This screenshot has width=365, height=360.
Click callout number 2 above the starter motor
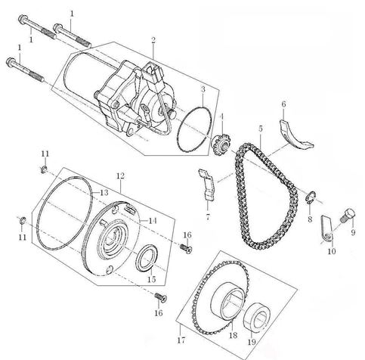[x=153, y=40]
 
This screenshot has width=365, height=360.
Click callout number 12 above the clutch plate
[x=119, y=175]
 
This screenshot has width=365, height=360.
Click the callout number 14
[x=153, y=221]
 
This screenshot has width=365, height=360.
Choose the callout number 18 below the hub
[x=232, y=334]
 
